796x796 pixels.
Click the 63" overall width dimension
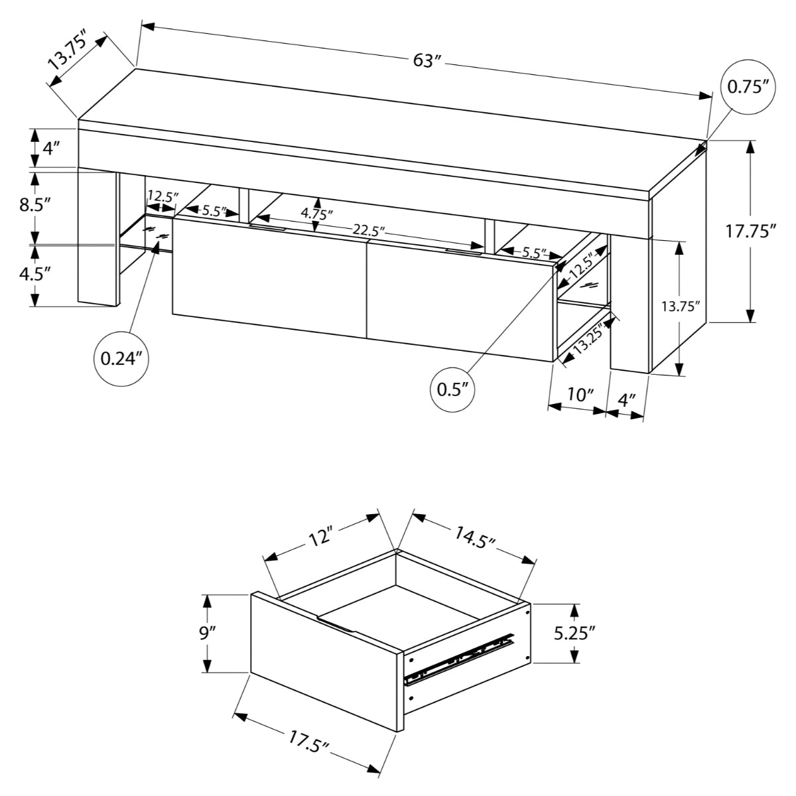coord(427,61)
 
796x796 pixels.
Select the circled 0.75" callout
coord(748,87)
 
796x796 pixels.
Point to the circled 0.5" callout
coord(454,388)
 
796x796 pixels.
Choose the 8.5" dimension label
coord(34,204)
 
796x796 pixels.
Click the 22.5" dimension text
coord(369,230)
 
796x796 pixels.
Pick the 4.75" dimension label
coord(317,214)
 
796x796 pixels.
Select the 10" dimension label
coord(580,395)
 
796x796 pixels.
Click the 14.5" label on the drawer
coord(475,537)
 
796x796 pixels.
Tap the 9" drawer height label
coord(207,633)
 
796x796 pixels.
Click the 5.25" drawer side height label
coord(574,633)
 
